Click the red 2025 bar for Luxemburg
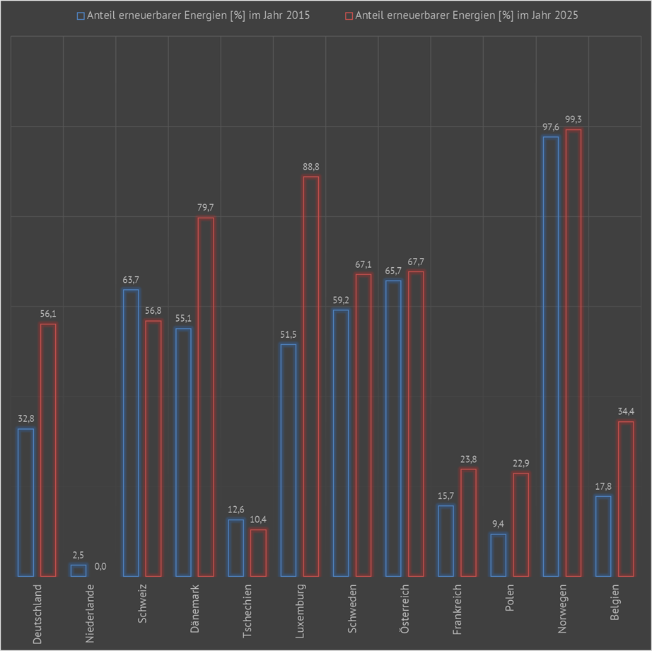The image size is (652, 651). point(310,376)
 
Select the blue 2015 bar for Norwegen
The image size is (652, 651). point(551,356)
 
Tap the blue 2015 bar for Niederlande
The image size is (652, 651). point(78,570)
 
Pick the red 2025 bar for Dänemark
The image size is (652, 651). point(206,397)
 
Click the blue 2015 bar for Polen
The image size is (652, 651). point(499,555)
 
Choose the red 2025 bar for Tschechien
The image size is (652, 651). point(258,553)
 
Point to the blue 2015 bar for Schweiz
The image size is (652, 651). point(131,433)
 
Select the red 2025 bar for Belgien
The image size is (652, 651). point(626,499)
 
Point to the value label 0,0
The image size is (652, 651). point(100,566)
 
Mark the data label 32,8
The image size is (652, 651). point(25,418)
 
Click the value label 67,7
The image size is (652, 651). point(416,262)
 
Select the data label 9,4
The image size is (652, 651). point(499,524)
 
